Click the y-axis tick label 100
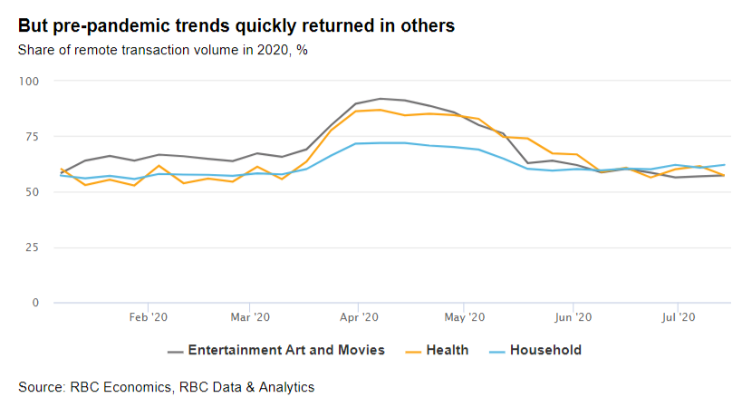click(29, 82)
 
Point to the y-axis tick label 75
click(33, 137)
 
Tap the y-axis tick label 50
click(33, 192)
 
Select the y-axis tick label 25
click(33, 247)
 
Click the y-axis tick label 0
click(35, 303)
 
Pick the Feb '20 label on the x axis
click(148, 317)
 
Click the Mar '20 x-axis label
click(250, 317)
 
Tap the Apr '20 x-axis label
click(359, 317)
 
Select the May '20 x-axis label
click(464, 317)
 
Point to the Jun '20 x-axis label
click(573, 317)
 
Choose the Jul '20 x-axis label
click(678, 317)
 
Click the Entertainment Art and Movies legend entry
click(276, 350)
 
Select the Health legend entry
click(438, 350)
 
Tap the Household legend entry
click(535, 350)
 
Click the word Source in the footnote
click(41, 387)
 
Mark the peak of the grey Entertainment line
click(381, 99)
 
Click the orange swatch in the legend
click(413, 352)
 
